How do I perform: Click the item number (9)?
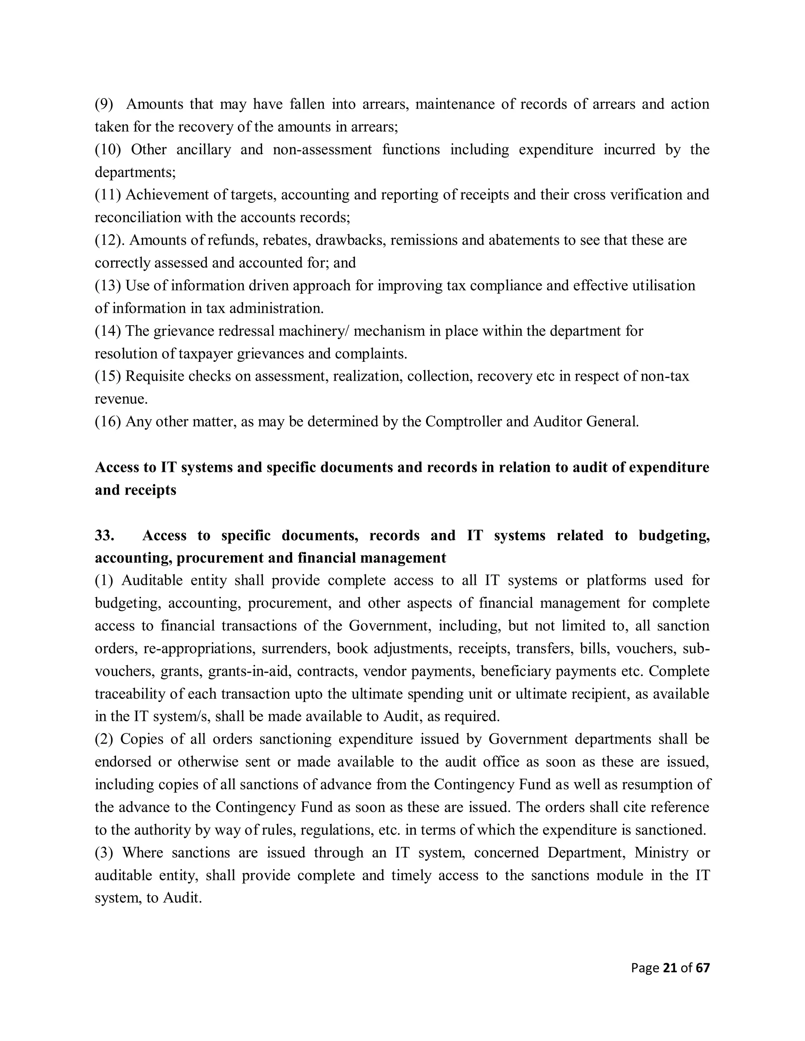coord(104,104)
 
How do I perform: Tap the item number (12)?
coord(108,240)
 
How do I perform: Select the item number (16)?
coord(108,422)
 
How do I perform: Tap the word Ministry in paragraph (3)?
coord(661,853)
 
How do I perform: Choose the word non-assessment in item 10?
coord(322,149)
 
